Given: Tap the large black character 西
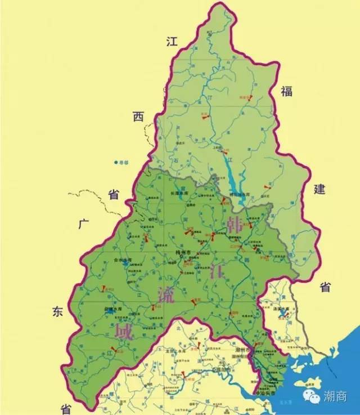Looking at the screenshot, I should click(138, 117).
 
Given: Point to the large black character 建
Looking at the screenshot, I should click(319, 189).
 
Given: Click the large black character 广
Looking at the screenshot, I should click(85, 224).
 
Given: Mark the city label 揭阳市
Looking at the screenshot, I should click(222, 370).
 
